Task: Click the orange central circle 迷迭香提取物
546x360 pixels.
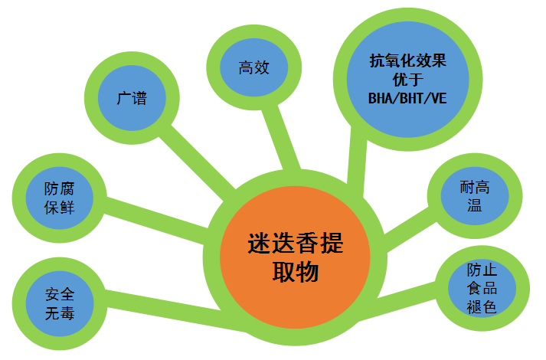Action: (295, 257)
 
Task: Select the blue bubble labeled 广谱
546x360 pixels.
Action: (132, 99)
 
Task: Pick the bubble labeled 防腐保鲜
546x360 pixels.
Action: (59, 196)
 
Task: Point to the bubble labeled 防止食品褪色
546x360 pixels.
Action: (482, 289)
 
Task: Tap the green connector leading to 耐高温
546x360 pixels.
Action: (405, 231)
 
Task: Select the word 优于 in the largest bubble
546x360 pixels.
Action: (407, 79)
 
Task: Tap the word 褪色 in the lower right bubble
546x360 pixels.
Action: (482, 306)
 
